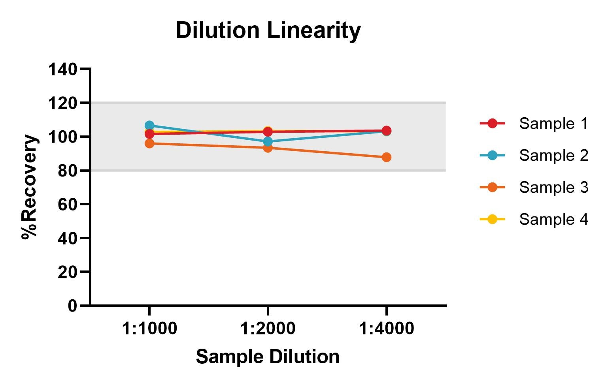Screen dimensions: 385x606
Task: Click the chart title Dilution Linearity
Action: tap(268, 30)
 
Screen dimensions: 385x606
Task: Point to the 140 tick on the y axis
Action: tap(62, 69)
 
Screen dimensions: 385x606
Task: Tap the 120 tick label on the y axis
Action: tap(62, 103)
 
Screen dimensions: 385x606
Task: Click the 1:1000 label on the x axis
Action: tap(149, 328)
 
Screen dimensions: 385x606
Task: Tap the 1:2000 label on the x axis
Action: tap(268, 328)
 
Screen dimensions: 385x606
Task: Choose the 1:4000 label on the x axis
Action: tap(386, 328)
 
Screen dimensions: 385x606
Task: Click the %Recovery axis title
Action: tap(30, 187)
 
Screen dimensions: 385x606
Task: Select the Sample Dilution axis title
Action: tap(268, 357)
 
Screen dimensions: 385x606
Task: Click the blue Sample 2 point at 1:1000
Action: tap(149, 126)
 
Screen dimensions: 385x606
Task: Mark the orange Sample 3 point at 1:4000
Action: tap(386, 157)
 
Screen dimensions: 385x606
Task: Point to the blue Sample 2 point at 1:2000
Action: tap(268, 141)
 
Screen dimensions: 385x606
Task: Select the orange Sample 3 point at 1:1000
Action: tap(149, 143)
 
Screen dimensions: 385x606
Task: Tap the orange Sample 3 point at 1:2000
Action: tap(268, 148)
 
